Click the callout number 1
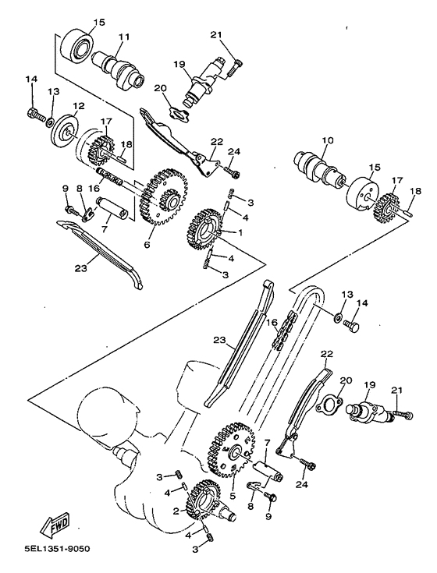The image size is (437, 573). tap(240, 232)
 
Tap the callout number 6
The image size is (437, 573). tap(146, 243)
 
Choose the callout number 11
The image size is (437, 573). tap(123, 36)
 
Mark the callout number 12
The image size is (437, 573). tap(79, 105)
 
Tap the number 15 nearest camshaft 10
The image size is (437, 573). tap(375, 167)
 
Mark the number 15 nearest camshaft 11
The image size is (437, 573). tap(99, 21)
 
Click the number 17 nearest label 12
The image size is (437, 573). tap(106, 121)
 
